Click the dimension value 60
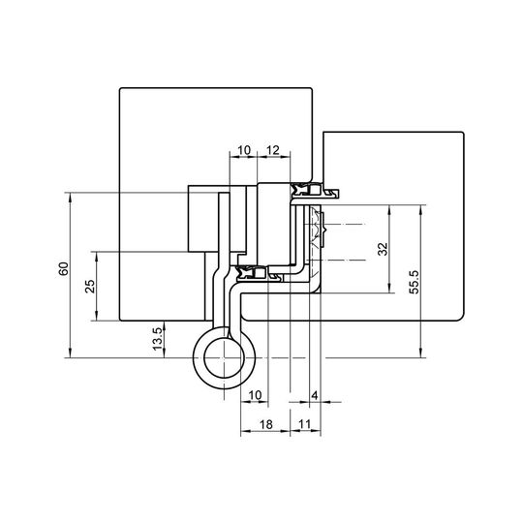[x=63, y=268]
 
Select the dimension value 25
[x=90, y=286]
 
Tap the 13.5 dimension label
[x=158, y=339]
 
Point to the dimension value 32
[x=383, y=249]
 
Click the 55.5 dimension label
[x=415, y=282]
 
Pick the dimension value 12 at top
[x=273, y=150]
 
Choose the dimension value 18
[x=265, y=424]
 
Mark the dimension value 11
[x=304, y=424]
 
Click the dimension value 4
[x=315, y=395]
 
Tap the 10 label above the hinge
[x=244, y=150]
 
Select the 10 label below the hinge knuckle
[x=255, y=395]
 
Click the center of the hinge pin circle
[x=224, y=358]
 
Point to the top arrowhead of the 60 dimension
[x=70, y=197]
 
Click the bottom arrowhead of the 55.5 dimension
[x=421, y=354]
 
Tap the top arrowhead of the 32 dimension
[x=389, y=209]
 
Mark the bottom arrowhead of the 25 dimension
[x=97, y=317]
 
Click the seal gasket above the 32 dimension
[x=300, y=190]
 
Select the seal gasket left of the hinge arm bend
[x=246, y=273]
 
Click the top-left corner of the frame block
[x=120, y=89]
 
